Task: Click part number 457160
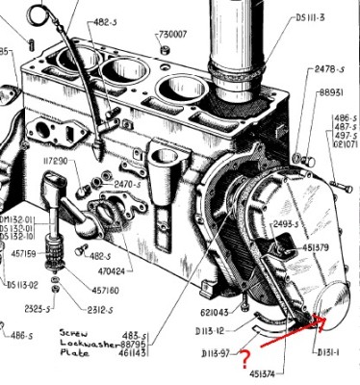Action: [x=109, y=290]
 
